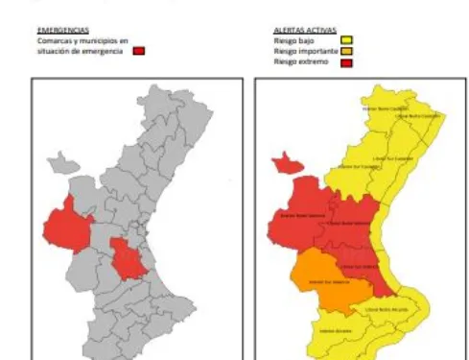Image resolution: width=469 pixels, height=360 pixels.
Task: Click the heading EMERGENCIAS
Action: pyautogui.click(x=53, y=31)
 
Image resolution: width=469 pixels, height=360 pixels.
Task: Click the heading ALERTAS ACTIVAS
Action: pyautogui.click(x=298, y=31)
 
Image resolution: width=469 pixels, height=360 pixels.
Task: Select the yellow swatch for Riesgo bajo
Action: pyautogui.click(x=346, y=39)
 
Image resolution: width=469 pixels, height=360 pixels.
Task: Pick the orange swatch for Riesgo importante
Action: pyautogui.click(x=346, y=50)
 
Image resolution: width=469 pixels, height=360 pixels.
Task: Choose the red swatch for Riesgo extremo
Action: pyautogui.click(x=346, y=60)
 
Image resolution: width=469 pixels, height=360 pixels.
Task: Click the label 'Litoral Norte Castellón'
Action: pyautogui.click(x=423, y=117)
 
